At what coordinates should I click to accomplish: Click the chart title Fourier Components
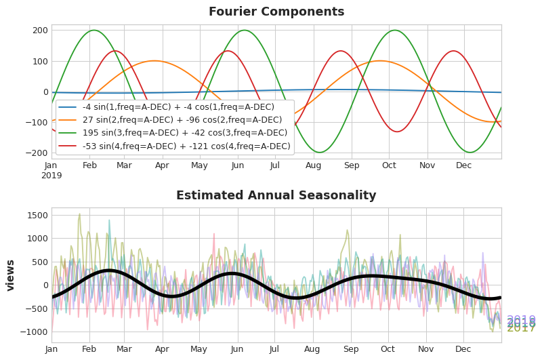point(276,12)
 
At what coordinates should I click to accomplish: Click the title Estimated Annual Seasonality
point(276,195)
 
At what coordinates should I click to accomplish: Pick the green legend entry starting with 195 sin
point(174,133)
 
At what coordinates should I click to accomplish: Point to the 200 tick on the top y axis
point(40,31)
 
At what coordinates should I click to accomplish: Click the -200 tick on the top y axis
point(37,153)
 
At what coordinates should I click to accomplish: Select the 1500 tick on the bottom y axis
point(37,216)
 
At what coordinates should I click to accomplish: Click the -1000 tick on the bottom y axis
point(35,332)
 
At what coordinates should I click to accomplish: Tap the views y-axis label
point(11,275)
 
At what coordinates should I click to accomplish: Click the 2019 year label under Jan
point(51,176)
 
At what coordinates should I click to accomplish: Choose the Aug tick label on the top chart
point(313,165)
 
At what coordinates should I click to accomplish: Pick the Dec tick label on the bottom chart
point(463,349)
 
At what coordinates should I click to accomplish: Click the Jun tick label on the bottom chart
point(236,349)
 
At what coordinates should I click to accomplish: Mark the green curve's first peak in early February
point(93,31)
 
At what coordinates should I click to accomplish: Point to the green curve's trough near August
point(319,153)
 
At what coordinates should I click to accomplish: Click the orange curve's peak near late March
point(154,61)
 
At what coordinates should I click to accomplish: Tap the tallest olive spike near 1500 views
point(79,214)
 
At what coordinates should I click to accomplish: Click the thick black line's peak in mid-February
point(108,271)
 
